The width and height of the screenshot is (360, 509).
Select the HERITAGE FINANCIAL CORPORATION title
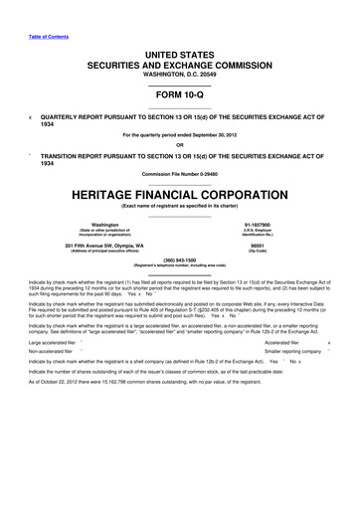pyautogui.click(x=180, y=194)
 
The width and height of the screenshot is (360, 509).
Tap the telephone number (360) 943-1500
pyautogui.click(x=180, y=263)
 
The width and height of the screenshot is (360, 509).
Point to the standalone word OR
pyautogui.click(x=180, y=144)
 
